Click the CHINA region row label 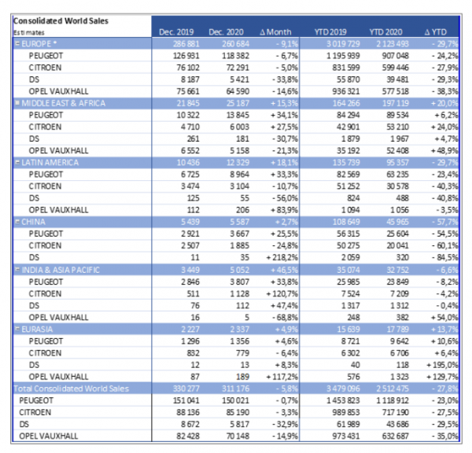pos(35,221)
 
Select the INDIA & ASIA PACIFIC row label pos(61,270)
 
